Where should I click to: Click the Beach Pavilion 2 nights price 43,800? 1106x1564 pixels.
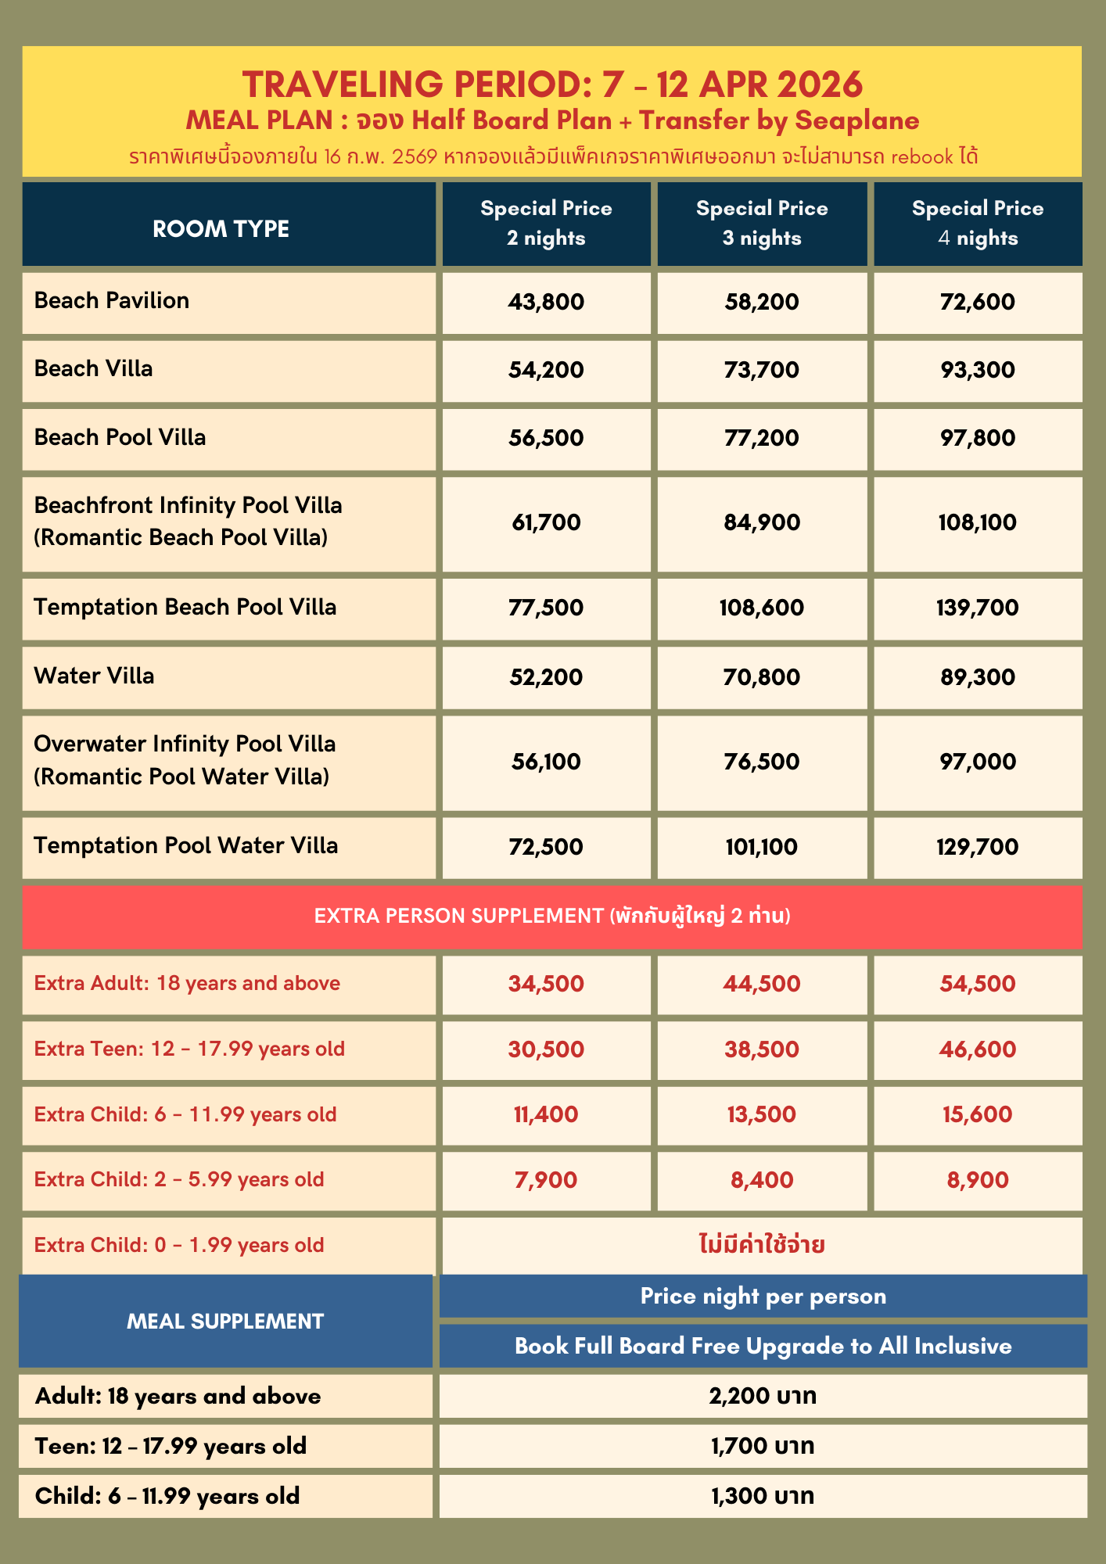[546, 302]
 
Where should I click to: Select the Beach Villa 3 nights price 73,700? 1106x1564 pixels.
[762, 370]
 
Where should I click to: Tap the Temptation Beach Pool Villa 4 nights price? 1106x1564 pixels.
[978, 608]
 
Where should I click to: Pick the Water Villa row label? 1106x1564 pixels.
[95, 676]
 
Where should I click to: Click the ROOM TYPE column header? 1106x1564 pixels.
[221, 229]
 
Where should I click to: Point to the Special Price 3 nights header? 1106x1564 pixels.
[762, 223]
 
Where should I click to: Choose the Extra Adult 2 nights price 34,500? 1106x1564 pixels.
[546, 984]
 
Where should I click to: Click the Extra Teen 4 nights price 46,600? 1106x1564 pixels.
[978, 1049]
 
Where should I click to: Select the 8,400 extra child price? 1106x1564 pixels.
[762, 1180]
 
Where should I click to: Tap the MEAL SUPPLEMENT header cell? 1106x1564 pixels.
[225, 1322]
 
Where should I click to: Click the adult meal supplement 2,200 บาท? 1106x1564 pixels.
[763, 1396]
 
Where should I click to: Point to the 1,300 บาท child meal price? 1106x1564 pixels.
[763, 1496]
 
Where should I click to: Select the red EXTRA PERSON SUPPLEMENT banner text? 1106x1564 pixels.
[552, 916]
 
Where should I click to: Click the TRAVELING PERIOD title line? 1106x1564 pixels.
[552, 84]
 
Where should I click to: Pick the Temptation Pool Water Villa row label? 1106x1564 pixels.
[186, 846]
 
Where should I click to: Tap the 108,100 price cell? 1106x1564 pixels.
[978, 522]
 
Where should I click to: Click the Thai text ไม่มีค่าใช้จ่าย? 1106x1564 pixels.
[762, 1244]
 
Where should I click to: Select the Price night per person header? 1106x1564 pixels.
[763, 1297]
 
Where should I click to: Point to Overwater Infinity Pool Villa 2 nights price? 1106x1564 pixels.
[546, 762]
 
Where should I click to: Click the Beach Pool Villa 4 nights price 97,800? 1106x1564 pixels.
[978, 438]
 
